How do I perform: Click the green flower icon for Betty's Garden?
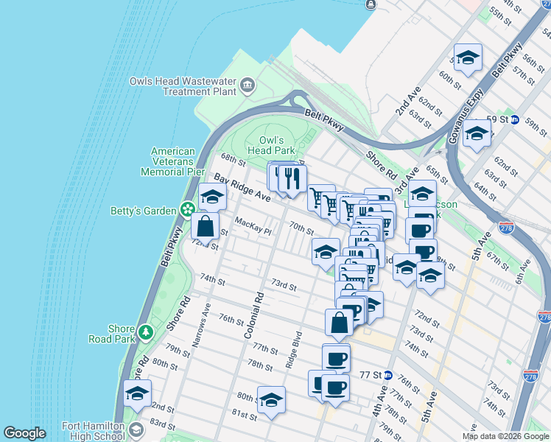(188, 211)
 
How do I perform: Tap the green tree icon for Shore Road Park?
(146, 333)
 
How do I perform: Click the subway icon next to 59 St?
(515, 119)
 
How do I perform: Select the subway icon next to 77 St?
(387, 375)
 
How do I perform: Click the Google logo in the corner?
(24, 433)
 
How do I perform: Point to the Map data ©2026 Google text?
(505, 436)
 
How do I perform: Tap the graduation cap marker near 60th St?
(468, 60)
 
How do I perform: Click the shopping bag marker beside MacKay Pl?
(206, 226)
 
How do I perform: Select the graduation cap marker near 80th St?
(271, 400)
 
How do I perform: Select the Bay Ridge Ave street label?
(242, 188)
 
